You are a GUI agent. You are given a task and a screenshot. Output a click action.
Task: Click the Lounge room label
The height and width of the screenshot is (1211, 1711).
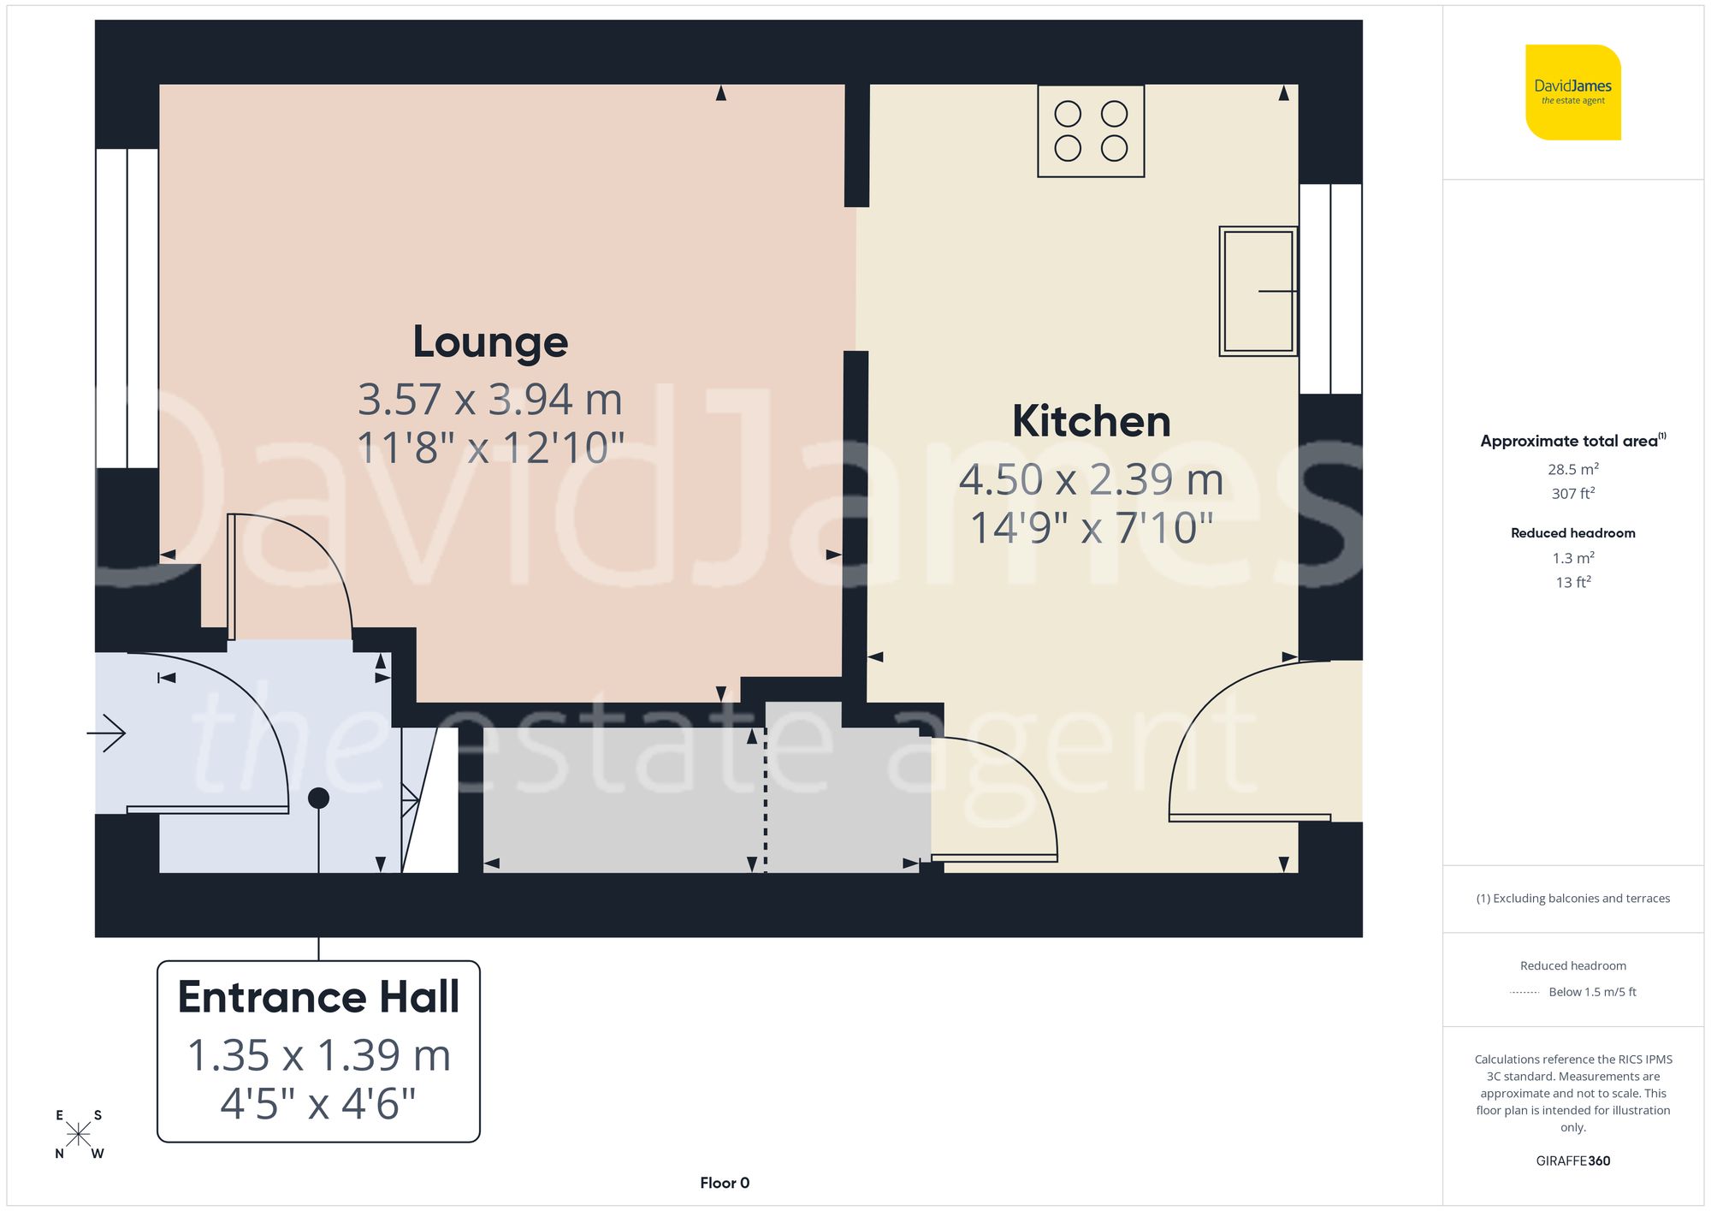[x=490, y=342]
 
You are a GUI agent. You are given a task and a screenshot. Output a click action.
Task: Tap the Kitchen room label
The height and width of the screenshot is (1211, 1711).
[x=1091, y=421]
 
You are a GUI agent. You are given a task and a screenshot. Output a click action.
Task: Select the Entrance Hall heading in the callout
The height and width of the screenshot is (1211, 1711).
[x=318, y=997]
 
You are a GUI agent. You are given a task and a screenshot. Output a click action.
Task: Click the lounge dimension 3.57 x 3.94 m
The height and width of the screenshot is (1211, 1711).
[x=489, y=399]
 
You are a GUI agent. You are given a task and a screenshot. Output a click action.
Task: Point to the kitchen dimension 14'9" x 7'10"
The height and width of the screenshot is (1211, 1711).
[x=1091, y=527]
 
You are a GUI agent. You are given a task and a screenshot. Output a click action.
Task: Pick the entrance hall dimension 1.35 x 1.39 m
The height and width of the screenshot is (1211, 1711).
[x=318, y=1055]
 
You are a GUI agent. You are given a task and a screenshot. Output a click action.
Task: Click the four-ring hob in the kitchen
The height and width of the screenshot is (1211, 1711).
[x=1091, y=131]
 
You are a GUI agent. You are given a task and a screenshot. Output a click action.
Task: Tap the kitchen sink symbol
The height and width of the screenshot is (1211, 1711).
[x=1258, y=291]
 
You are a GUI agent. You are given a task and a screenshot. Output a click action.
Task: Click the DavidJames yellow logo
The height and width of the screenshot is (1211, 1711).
[x=1572, y=92]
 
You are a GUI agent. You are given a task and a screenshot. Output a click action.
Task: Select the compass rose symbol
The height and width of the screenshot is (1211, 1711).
[x=79, y=1135]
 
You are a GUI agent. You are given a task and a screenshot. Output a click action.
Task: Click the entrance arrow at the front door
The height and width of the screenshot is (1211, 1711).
[x=107, y=733]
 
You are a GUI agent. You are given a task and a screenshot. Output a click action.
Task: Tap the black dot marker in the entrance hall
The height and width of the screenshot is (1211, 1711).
[x=318, y=798]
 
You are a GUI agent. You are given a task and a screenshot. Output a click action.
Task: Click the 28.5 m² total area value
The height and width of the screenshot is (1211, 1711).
[x=1572, y=469]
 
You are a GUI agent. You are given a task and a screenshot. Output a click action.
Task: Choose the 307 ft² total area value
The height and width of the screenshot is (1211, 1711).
[x=1572, y=494]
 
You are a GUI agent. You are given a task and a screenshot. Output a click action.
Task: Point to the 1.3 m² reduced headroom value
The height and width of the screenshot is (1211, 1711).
[x=1572, y=558]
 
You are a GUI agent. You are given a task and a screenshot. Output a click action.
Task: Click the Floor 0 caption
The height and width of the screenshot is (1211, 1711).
[x=725, y=1183]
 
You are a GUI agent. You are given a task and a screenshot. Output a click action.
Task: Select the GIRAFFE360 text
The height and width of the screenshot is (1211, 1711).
[x=1572, y=1161]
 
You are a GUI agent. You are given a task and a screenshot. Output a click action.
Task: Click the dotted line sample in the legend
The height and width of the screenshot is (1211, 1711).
[x=1524, y=993]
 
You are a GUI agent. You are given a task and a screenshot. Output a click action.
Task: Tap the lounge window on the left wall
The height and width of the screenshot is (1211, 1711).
[x=127, y=308]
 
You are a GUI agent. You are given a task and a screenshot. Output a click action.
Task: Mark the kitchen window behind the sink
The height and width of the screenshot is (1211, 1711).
[x=1330, y=289]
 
